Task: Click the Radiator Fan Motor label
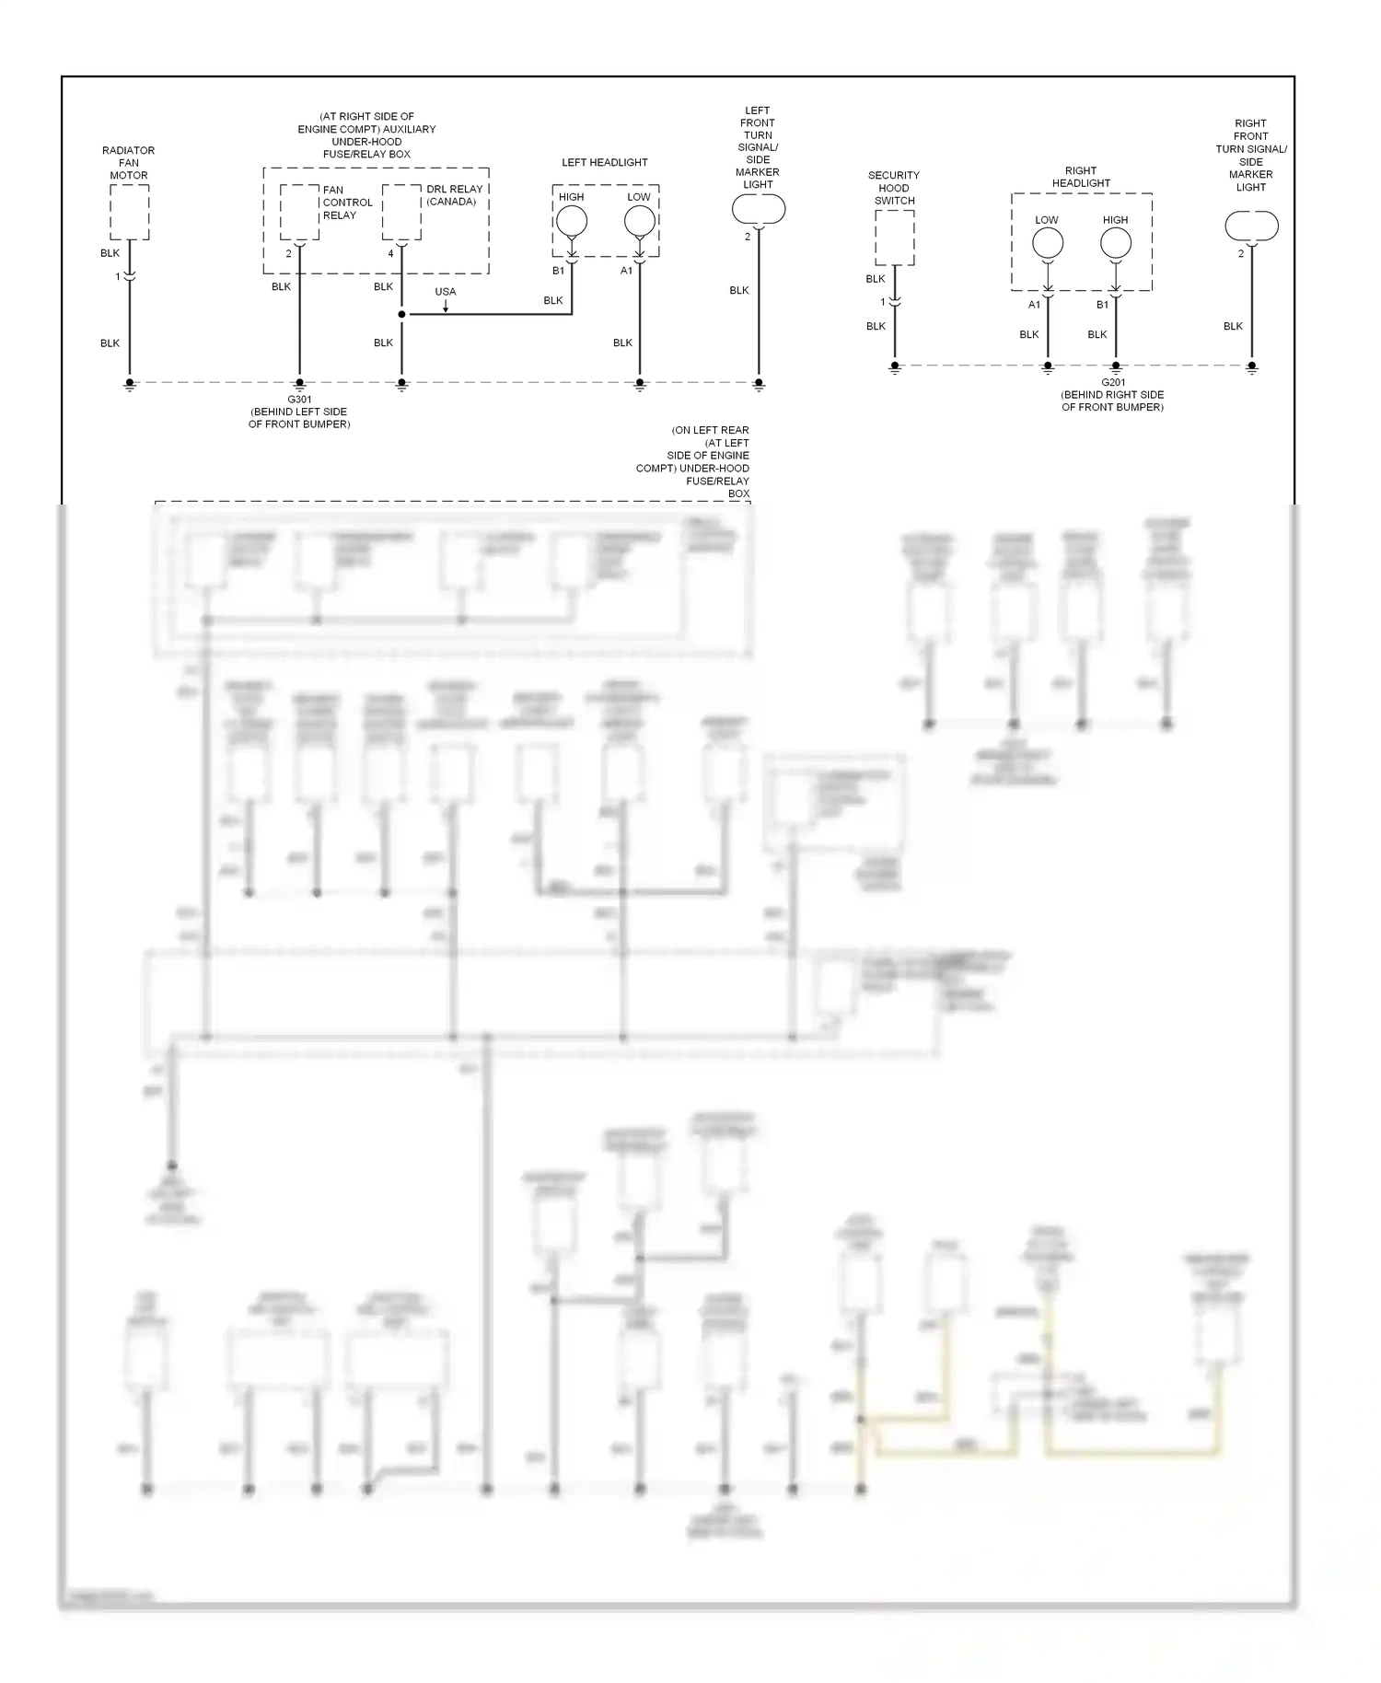click(129, 162)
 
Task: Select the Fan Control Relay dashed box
click(299, 212)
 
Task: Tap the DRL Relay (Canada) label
click(454, 195)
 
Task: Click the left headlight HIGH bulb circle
click(572, 221)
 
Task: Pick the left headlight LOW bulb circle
click(640, 221)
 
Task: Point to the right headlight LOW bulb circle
click(1048, 244)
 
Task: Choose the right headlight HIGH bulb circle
click(1116, 244)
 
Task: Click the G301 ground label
click(299, 400)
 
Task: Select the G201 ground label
click(1113, 382)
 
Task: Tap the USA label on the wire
click(445, 292)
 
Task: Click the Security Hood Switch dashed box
click(894, 238)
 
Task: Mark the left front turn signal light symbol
click(759, 210)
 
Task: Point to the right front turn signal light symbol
click(1251, 226)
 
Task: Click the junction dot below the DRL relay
click(401, 315)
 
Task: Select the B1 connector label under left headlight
click(558, 271)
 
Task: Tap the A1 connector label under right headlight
click(1034, 305)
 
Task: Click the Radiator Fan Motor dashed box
click(130, 212)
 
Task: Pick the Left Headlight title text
click(605, 163)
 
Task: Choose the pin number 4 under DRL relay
click(390, 254)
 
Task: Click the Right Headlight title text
click(1081, 177)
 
